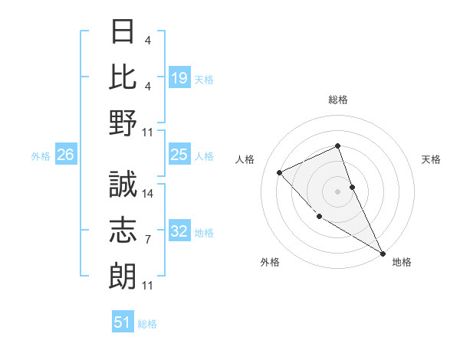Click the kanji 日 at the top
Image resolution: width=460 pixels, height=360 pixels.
click(123, 33)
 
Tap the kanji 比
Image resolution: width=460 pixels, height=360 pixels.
click(123, 77)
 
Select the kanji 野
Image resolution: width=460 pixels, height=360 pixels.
click(123, 123)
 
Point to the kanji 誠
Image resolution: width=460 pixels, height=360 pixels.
click(123, 185)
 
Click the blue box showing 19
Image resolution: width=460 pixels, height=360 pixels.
click(179, 77)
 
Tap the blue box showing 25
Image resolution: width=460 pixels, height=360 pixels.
click(179, 155)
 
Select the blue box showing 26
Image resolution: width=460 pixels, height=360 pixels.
click(65, 155)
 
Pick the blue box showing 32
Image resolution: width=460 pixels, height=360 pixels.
click(179, 231)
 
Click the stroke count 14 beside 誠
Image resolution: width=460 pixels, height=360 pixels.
click(149, 195)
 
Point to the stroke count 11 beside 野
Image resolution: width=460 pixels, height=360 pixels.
click(149, 133)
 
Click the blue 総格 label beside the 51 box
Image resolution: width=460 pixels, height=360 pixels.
click(147, 324)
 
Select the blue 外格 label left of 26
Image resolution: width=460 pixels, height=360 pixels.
click(41, 156)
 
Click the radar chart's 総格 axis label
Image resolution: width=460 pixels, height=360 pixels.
click(338, 100)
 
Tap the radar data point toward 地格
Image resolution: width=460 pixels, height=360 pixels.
click(383, 253)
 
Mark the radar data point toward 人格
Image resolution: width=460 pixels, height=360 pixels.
click(280, 172)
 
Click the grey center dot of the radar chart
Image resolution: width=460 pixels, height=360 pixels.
click(338, 191)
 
